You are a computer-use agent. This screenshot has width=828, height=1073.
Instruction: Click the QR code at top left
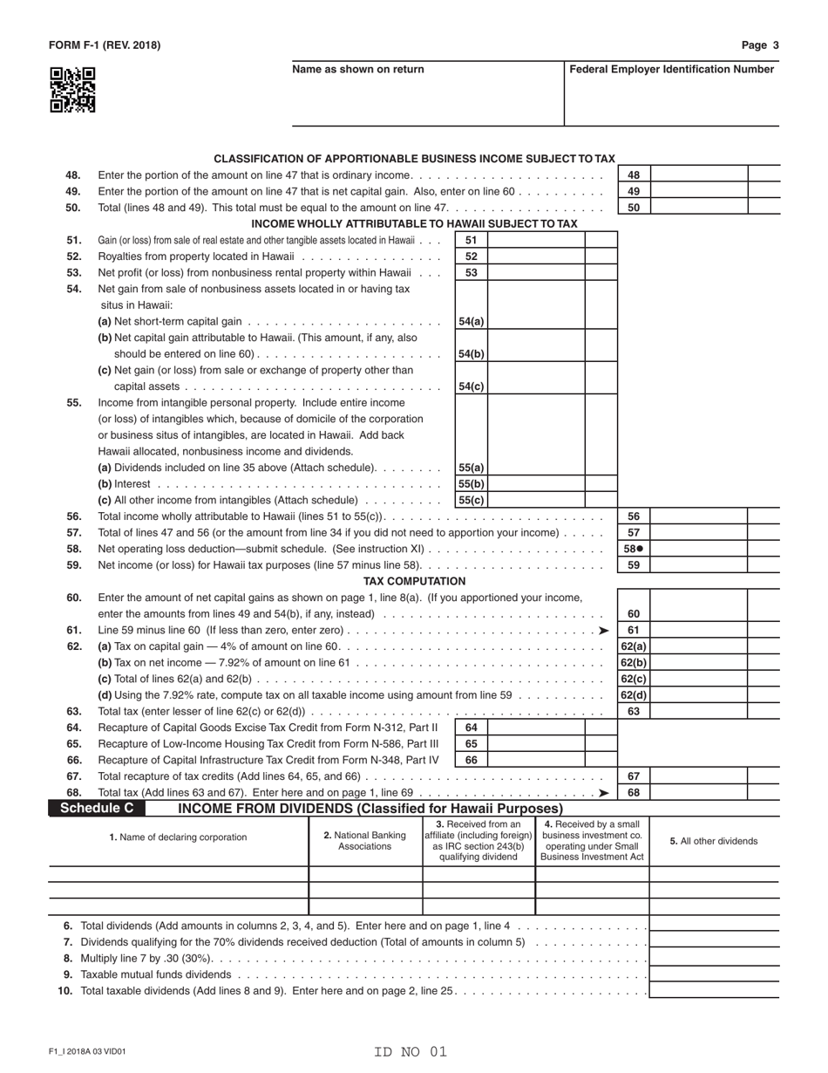tap(72, 91)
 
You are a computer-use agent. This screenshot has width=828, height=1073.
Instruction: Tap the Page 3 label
tap(760, 45)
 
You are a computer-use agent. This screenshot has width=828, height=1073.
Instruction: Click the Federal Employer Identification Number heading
tap(671, 69)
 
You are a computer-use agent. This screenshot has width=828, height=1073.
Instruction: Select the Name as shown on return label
tap(358, 69)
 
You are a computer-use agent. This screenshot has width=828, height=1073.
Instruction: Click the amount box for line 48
tap(699, 174)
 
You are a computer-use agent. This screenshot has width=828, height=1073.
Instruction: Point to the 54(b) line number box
tap(472, 353)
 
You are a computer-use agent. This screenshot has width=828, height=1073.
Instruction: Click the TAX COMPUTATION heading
tap(414, 581)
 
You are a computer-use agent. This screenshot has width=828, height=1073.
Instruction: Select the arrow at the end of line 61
tap(603, 631)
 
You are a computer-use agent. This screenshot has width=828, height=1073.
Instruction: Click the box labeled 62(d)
tap(634, 695)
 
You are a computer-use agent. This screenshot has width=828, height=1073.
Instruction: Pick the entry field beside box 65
tap(535, 744)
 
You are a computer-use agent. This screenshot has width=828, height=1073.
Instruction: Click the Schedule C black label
tap(97, 809)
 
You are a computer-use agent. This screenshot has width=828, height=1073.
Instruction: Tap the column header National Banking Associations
tap(364, 840)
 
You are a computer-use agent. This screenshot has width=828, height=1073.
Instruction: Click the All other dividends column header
tap(713, 841)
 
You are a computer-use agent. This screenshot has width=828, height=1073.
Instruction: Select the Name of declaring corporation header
tap(178, 837)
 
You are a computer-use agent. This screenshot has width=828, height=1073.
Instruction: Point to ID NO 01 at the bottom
tap(411, 1051)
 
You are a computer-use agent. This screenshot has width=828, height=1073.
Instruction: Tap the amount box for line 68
tap(699, 792)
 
